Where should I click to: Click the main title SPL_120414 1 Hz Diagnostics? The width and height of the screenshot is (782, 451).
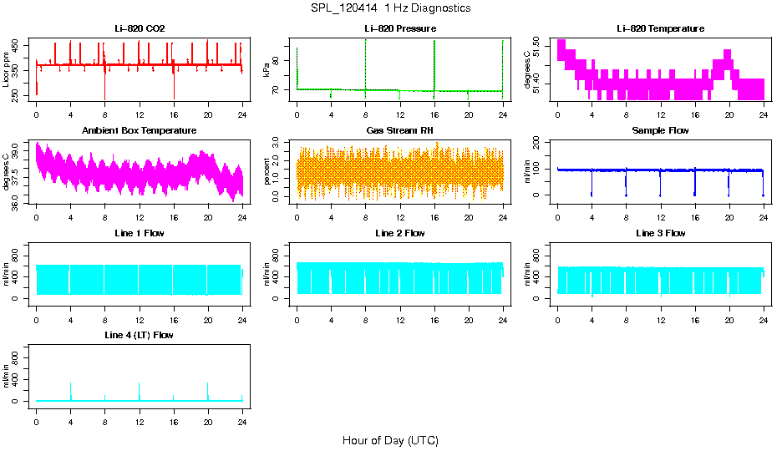[x=390, y=8]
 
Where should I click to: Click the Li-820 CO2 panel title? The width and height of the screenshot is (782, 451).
[x=140, y=29]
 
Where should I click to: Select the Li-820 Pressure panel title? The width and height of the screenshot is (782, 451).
[x=399, y=29]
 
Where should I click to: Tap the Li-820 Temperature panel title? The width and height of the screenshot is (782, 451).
[x=660, y=29]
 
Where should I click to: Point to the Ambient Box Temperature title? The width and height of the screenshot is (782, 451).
[x=140, y=131]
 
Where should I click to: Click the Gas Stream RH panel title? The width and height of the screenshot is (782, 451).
[x=399, y=131]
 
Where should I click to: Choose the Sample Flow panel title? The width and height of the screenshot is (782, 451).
[x=660, y=131]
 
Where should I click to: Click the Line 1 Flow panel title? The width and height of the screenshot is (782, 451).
[x=140, y=233]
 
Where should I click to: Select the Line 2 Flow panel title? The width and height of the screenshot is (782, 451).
[x=399, y=233]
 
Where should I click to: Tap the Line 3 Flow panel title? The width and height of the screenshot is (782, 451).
[x=660, y=233]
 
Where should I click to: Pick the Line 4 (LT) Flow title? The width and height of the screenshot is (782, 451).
[x=140, y=335]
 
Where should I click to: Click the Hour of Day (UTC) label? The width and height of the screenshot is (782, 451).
[x=390, y=440]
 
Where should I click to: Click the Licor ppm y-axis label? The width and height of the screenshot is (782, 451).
[x=7, y=70]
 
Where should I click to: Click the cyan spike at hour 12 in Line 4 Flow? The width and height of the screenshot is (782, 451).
[x=140, y=389]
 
